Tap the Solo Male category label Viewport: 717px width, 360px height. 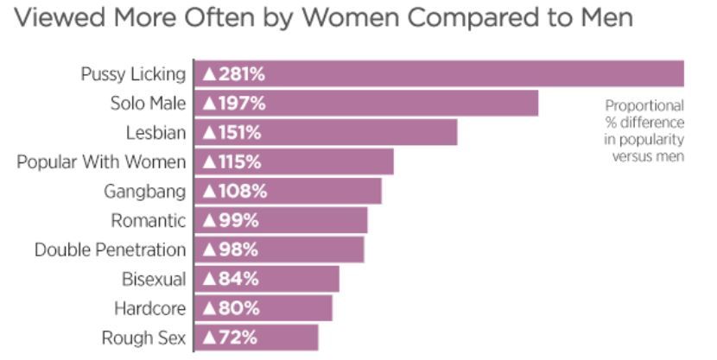click(149, 104)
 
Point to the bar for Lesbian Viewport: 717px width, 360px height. click(326, 132)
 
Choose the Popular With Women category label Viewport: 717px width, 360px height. click(102, 162)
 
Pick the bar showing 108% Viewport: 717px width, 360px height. click(288, 191)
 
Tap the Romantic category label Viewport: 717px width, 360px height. click(149, 221)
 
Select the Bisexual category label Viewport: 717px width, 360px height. click(154, 279)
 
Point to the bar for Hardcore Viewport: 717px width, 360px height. click(263, 308)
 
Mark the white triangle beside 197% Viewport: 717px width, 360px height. click(209, 104)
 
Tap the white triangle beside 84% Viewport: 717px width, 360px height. click(209, 279)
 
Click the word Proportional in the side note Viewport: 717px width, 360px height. click(644, 106)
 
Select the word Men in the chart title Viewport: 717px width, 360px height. click(606, 17)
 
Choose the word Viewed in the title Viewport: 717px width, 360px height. click(60, 17)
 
